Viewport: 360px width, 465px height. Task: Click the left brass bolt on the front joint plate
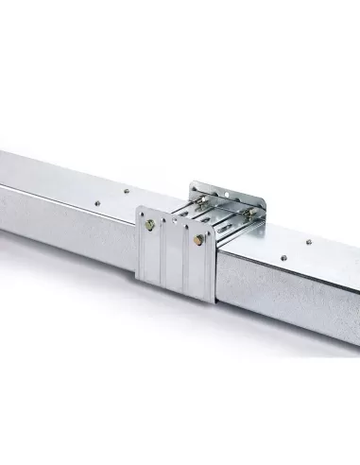pos(150,225)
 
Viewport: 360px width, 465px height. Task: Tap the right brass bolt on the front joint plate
pos(197,240)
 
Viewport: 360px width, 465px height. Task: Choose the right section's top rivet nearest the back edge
pos(308,243)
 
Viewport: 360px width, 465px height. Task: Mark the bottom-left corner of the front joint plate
pos(138,278)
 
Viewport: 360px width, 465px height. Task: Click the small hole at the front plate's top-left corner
pos(142,212)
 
